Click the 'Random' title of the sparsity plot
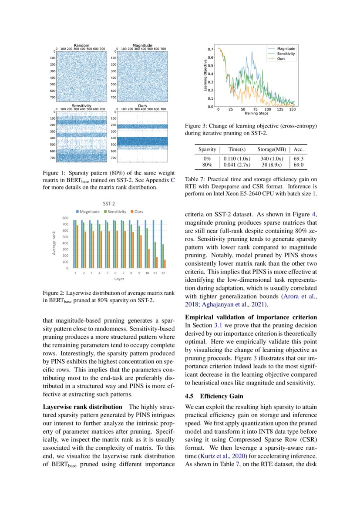click(x=81, y=45)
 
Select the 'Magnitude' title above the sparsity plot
click(x=142, y=45)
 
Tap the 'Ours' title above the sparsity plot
click(x=142, y=106)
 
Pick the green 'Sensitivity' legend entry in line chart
click(x=286, y=53)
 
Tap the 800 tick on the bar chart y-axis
click(x=65, y=218)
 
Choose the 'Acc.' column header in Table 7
click(x=299, y=149)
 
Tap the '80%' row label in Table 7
click(x=207, y=165)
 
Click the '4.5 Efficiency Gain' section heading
click(x=212, y=396)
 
